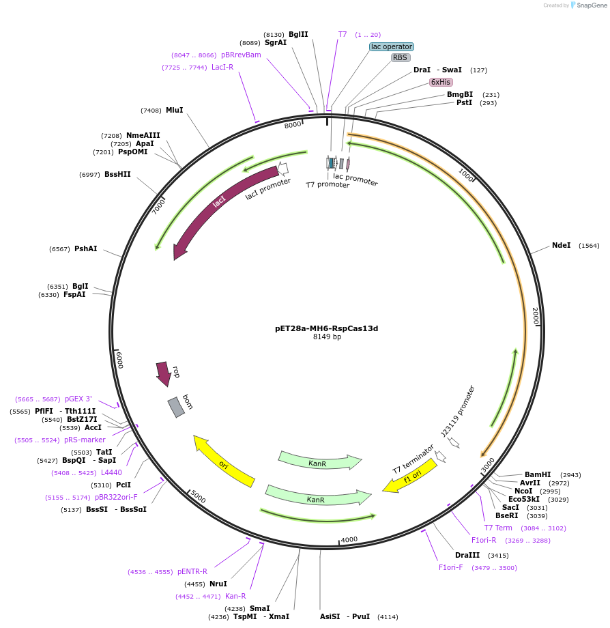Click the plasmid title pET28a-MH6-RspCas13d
click(x=326, y=328)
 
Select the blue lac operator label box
click(x=392, y=47)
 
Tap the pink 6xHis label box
click(x=441, y=82)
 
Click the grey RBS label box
click(x=401, y=58)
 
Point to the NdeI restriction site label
click(x=561, y=246)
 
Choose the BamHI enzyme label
click(x=537, y=474)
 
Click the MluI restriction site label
click(x=174, y=110)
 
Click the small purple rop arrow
click(x=163, y=373)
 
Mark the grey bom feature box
click(x=176, y=408)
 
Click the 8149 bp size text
click(x=327, y=337)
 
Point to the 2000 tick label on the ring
click(x=536, y=315)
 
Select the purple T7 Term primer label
click(x=497, y=528)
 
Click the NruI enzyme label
click(x=218, y=584)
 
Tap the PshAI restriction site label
click(x=85, y=249)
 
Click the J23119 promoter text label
click(x=457, y=411)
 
